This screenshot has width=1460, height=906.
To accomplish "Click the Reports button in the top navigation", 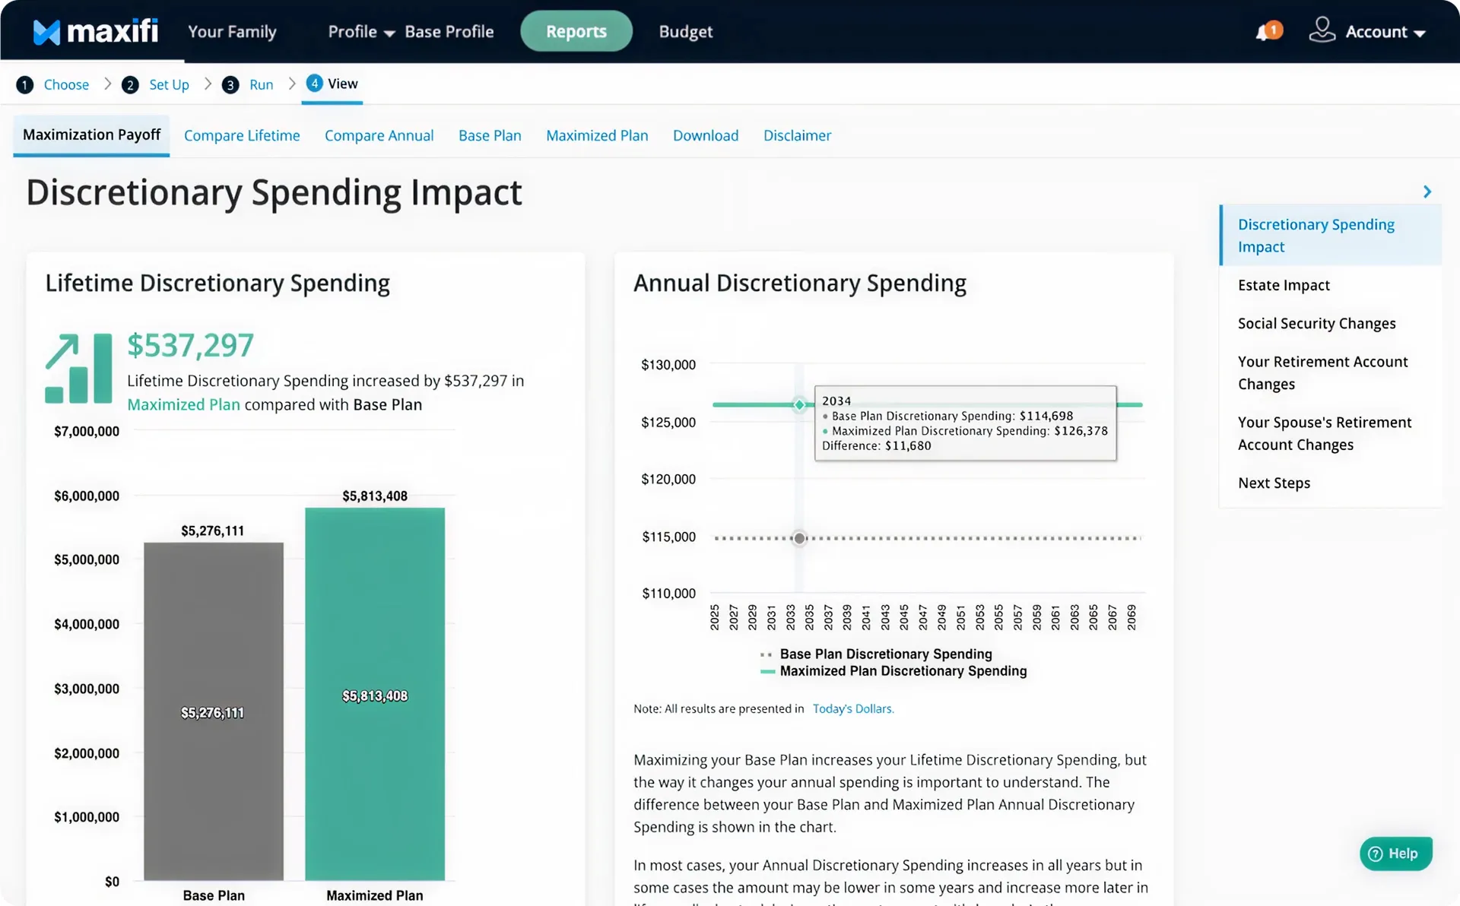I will coord(576,31).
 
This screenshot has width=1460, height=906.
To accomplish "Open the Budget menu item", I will coord(685,31).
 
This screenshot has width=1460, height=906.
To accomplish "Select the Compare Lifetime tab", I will coord(242,135).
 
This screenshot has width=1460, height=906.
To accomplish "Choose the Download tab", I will coord(705,135).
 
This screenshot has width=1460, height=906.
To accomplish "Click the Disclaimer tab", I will coord(796,135).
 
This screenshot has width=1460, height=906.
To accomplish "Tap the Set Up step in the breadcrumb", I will coord(168,84).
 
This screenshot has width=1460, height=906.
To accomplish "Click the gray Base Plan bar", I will coord(214,711).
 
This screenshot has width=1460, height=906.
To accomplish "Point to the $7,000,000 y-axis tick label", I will coord(87,431).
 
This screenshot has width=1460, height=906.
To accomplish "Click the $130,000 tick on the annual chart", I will coord(668,365).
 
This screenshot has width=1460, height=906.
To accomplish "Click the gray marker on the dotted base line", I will coord(798,538).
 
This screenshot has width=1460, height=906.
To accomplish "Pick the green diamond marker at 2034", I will coord(799,404).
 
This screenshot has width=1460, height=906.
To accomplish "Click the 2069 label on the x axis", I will coord(1131,617).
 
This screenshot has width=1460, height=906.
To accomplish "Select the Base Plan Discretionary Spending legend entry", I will coord(885,654).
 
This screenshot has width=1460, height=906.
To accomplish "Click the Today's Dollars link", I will coord(852,708).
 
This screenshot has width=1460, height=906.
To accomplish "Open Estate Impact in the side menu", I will coord(1283,285).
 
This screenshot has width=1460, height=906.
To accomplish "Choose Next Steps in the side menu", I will coord(1273,483).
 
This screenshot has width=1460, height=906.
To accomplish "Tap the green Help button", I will coord(1395,854).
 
